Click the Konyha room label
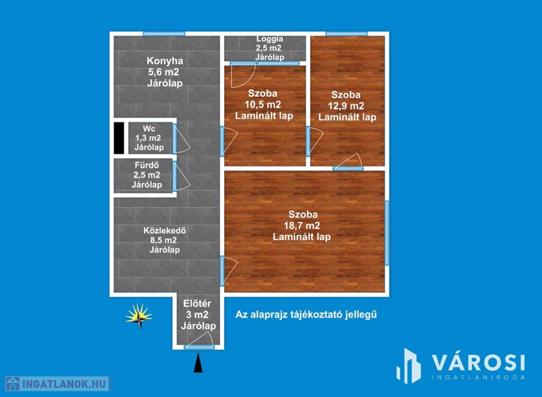click(165, 61)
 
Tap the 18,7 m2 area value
click(302, 226)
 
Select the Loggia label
click(269, 39)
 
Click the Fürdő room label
click(147, 165)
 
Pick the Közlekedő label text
click(165, 231)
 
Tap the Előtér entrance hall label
click(197, 304)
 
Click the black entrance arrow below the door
click(198, 363)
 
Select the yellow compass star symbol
click(139, 316)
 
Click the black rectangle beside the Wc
click(119, 138)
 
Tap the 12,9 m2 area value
click(346, 106)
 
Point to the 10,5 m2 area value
click(263, 104)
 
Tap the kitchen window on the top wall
click(164, 33)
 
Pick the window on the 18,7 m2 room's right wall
click(387, 233)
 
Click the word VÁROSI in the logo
click(478, 363)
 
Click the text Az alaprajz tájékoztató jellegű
click(306, 315)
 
